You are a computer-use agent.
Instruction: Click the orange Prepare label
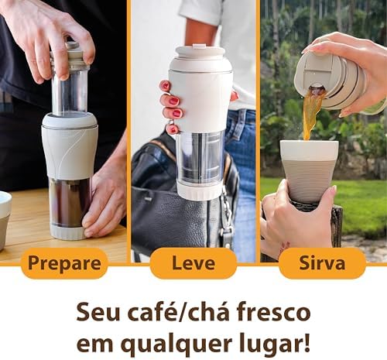click(63, 263)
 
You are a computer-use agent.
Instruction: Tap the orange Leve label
click(193, 263)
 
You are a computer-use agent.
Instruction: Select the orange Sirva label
click(322, 263)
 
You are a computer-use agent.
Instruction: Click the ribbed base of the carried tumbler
click(200, 192)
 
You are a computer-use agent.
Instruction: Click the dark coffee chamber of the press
click(70, 203)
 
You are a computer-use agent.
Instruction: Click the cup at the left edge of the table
click(5, 219)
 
